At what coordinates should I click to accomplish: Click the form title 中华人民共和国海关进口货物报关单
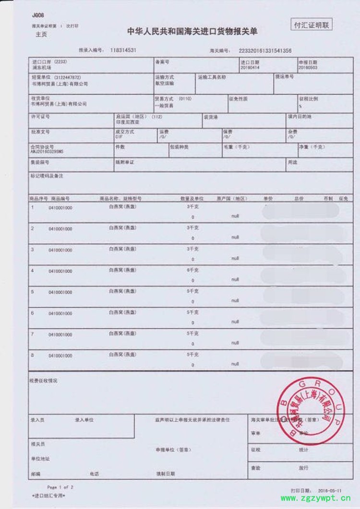pos(192,32)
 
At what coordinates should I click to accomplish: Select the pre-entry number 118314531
pos(123,50)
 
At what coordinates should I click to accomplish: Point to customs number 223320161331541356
pos(262,50)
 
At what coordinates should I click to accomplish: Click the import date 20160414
pos(250,68)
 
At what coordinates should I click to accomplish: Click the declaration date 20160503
pos(307,68)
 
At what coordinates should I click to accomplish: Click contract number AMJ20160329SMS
pos(47,152)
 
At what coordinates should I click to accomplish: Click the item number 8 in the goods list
pos(32,355)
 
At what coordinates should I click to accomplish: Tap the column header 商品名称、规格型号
pos(120,198)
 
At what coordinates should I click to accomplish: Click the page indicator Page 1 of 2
pos(60,486)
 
